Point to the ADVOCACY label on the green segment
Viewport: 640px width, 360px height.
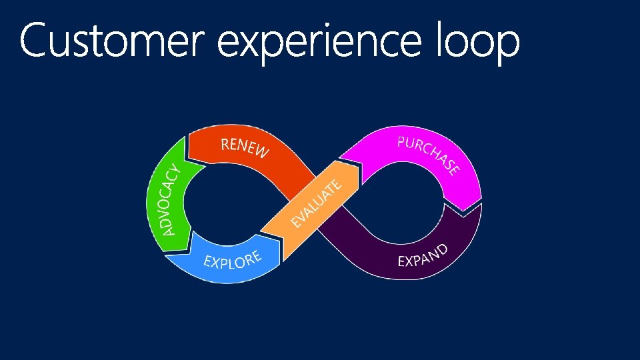(x=171, y=199)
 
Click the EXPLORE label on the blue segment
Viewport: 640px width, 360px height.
(x=232, y=260)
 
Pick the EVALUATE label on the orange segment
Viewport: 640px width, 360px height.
(x=318, y=201)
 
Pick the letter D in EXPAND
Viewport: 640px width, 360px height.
(x=442, y=249)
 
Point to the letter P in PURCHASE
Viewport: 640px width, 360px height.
(x=402, y=141)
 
